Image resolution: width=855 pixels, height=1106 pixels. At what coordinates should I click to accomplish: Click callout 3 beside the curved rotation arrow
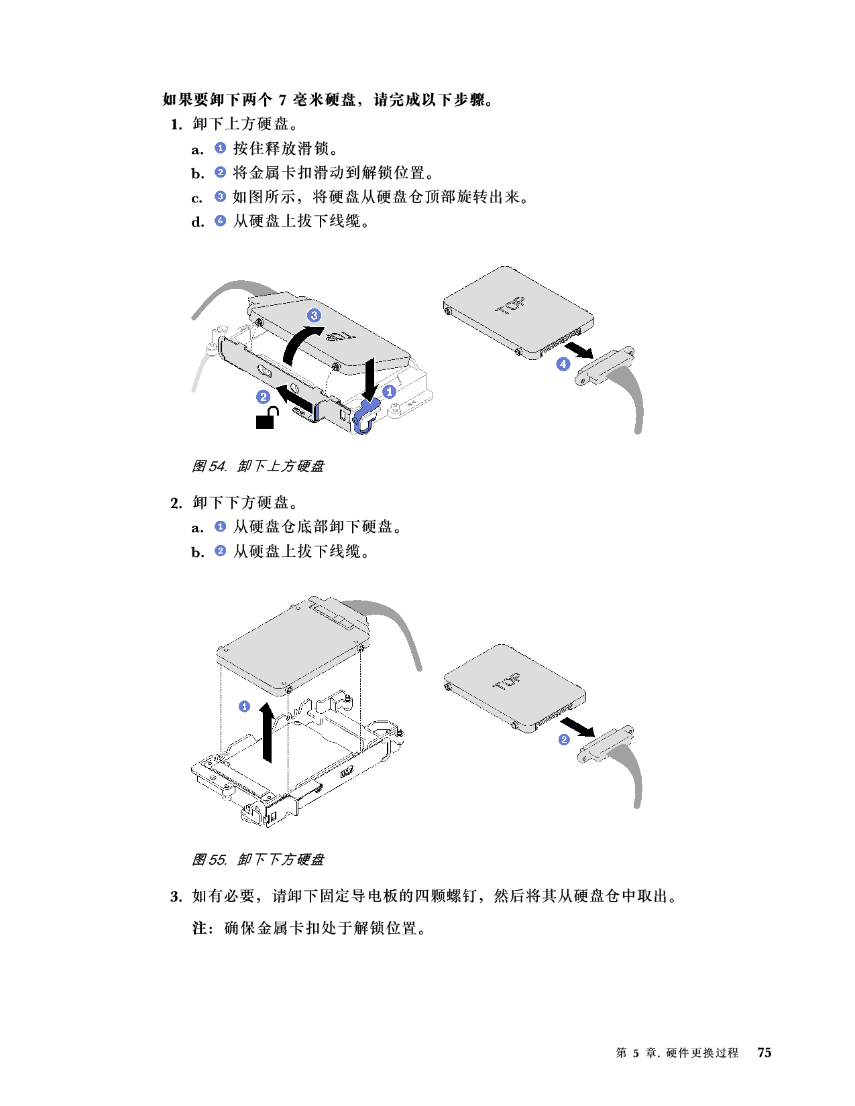tap(314, 315)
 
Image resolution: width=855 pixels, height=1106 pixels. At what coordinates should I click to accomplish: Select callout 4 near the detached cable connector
tap(563, 364)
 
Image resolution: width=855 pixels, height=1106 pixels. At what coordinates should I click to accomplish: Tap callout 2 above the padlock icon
tap(264, 397)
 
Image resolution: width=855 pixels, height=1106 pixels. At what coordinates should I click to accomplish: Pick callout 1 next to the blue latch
tap(388, 391)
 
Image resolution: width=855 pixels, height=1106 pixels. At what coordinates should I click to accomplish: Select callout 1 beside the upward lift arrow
tap(245, 706)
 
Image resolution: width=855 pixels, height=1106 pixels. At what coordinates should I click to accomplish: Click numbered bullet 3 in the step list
tap(220, 196)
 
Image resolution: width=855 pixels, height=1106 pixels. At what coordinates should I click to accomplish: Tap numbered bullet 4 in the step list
tap(220, 221)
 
